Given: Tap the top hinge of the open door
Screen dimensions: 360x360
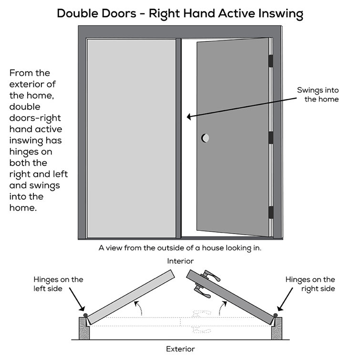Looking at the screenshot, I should pyautogui.click(x=271, y=61).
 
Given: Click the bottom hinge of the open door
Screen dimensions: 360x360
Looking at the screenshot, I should pyautogui.click(x=271, y=212).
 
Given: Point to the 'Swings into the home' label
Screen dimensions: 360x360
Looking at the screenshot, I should pyautogui.click(x=318, y=94).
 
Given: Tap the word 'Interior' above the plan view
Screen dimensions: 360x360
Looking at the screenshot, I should pyautogui.click(x=180, y=261).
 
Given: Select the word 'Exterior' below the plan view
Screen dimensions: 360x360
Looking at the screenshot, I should pyautogui.click(x=180, y=349).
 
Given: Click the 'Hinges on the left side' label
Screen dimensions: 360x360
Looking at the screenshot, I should pyautogui.click(x=58, y=284).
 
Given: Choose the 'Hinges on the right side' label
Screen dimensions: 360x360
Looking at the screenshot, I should pyautogui.click(x=310, y=284).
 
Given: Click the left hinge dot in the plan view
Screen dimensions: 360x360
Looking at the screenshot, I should pyautogui.click(x=85, y=316).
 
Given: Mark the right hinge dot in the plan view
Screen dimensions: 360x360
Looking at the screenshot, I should pyautogui.click(x=275, y=316).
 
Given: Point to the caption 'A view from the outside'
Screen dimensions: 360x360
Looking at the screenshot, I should pyautogui.click(x=180, y=248).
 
